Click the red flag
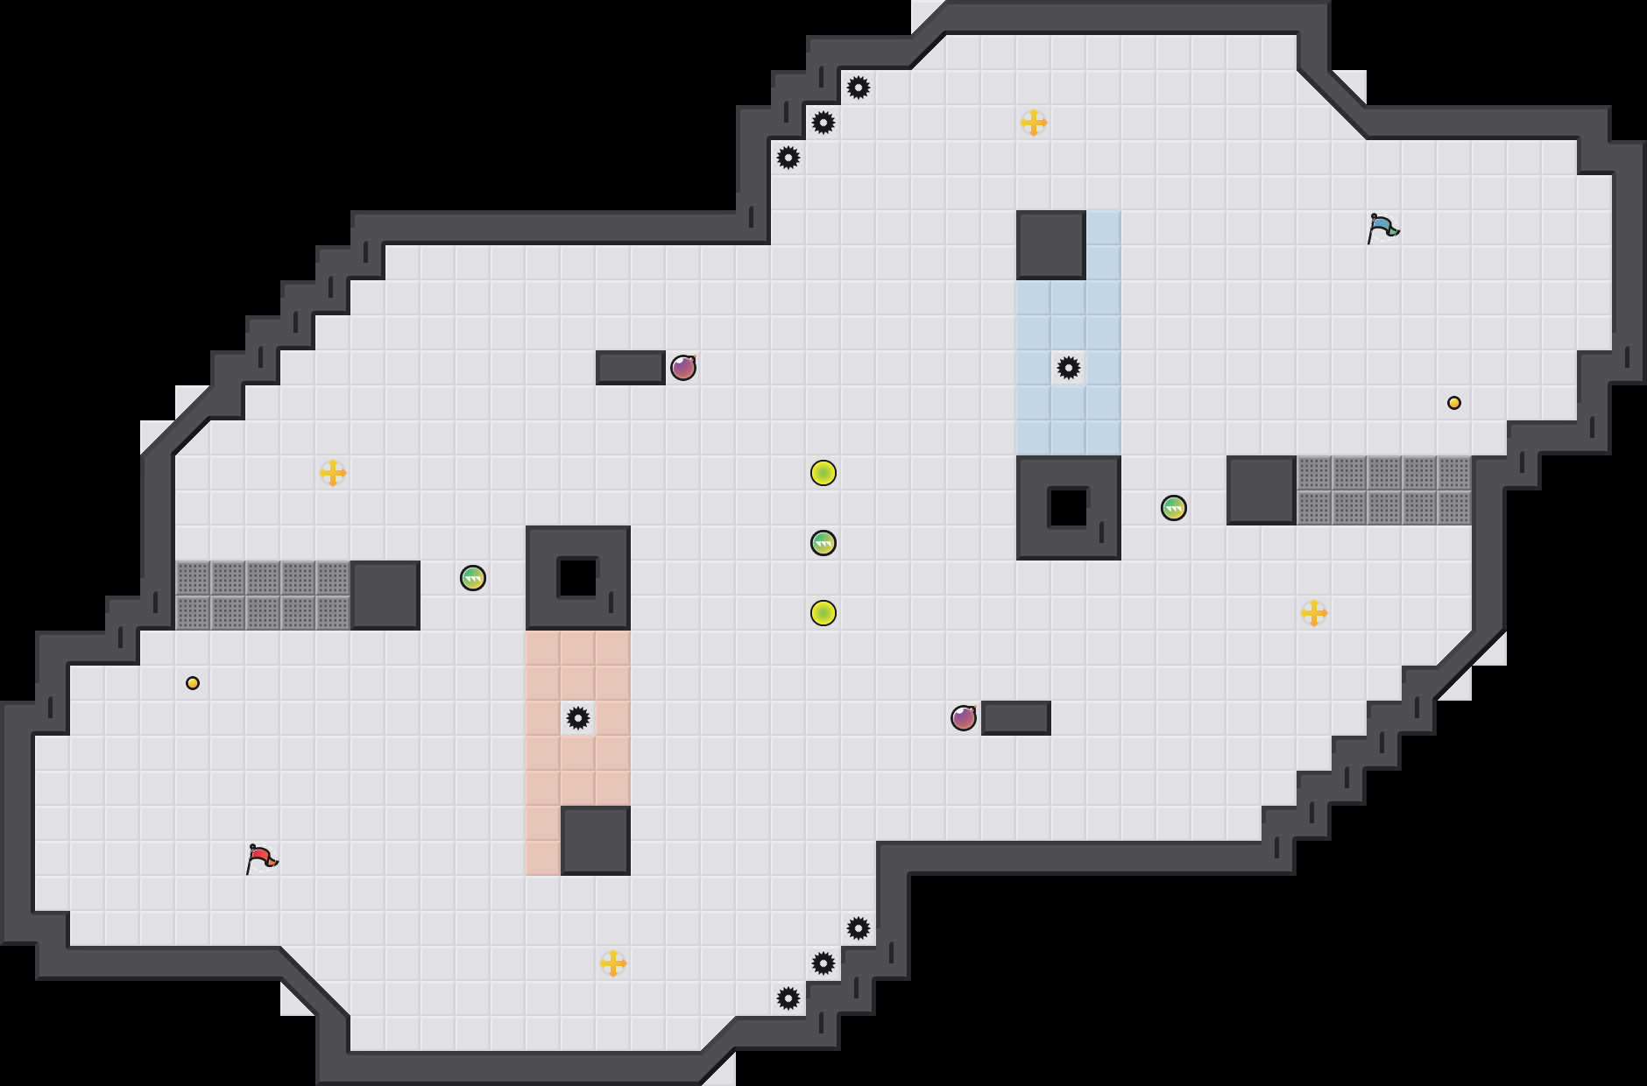click(261, 858)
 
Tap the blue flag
click(1382, 228)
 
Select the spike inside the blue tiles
click(1069, 368)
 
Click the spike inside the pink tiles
click(578, 718)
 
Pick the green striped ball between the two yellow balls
click(823, 543)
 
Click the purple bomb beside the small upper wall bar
click(683, 368)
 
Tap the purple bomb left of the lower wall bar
click(964, 718)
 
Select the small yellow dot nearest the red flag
click(193, 683)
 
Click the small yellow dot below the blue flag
click(1454, 403)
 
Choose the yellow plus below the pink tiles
click(613, 963)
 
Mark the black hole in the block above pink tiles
click(578, 578)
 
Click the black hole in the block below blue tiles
click(1069, 508)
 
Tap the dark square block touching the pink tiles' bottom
click(596, 841)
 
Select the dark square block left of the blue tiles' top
click(1051, 245)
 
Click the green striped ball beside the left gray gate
click(473, 578)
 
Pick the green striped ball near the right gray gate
click(1174, 508)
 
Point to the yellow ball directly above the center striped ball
click(823, 473)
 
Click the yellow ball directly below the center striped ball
click(823, 613)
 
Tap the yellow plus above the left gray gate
click(333, 473)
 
